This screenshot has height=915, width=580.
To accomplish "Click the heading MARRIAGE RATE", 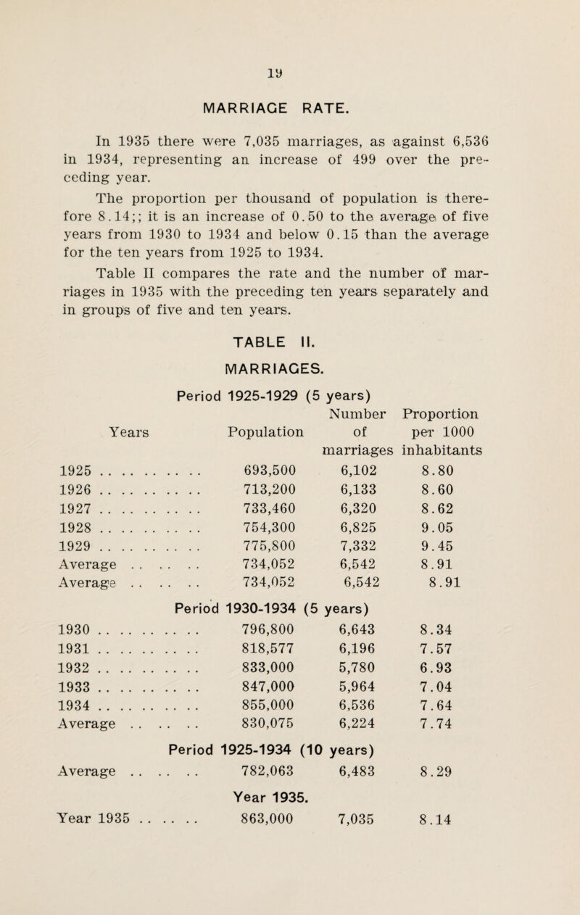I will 289,109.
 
